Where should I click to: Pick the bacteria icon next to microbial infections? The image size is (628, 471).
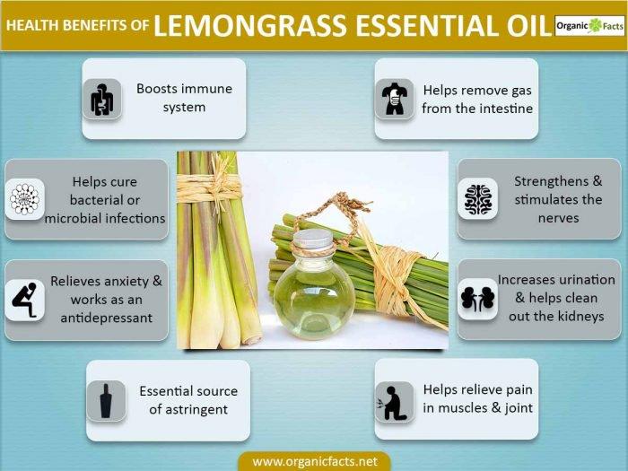tap(24, 199)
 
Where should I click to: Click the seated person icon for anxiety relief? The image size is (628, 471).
tap(24, 300)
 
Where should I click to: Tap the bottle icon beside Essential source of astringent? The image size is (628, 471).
tap(106, 400)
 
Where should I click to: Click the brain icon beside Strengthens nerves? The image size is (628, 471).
tap(477, 199)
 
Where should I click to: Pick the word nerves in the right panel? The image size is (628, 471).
tap(558, 217)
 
